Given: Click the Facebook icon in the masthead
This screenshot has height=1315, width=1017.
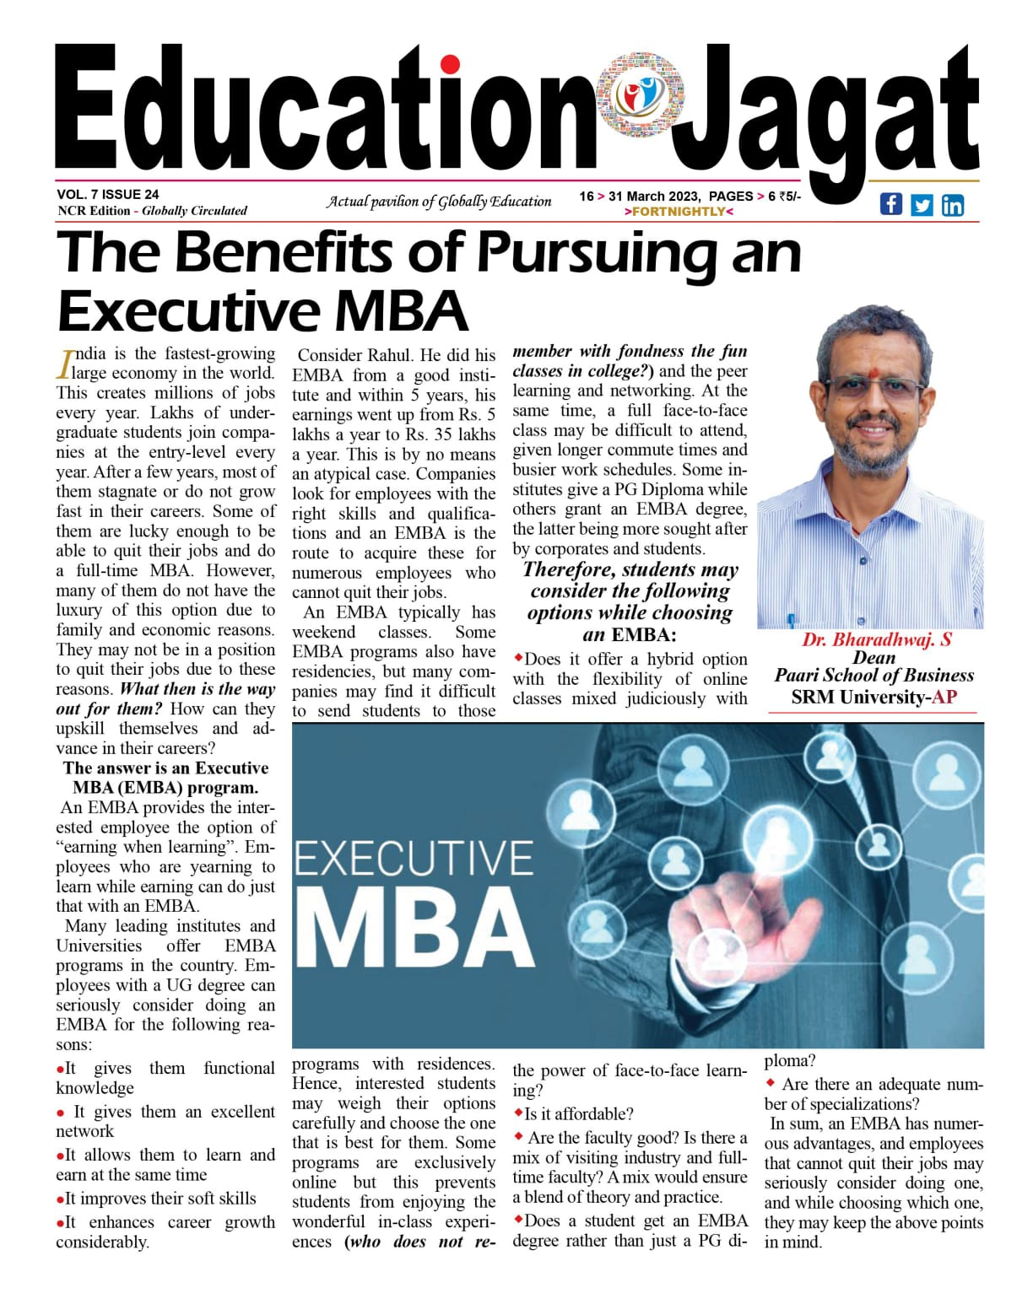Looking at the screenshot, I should click(890, 204).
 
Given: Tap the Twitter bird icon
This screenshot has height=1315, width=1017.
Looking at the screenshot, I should click(922, 205).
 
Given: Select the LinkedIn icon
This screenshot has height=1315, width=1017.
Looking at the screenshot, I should click(953, 205).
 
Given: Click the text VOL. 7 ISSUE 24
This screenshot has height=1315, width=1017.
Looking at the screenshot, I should click(108, 195).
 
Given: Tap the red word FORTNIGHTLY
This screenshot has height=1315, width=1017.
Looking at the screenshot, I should click(679, 212).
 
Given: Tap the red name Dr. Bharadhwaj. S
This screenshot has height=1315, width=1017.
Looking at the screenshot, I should click(876, 639).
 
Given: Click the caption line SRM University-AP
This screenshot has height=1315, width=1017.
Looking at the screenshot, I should click(874, 697).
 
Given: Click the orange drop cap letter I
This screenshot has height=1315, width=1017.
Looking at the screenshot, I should click(64, 363).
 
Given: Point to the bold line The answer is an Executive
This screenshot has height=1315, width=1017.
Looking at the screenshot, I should click(165, 768).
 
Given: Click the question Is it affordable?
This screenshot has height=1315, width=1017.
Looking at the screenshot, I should click(578, 1114).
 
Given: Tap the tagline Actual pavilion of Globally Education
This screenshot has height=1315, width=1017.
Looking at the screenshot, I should click(439, 202).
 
